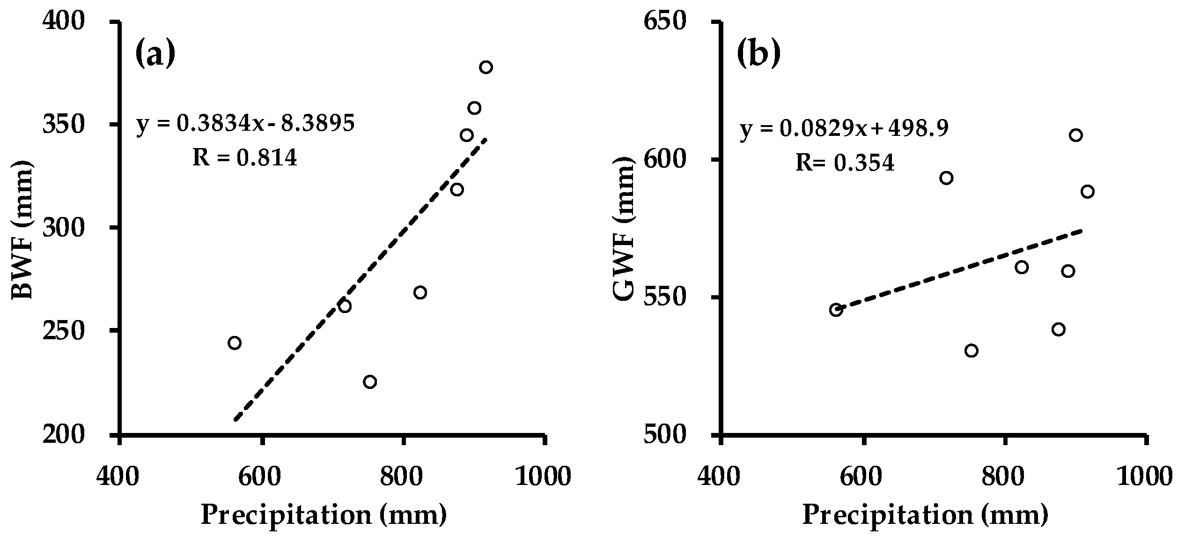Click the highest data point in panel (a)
point(486,67)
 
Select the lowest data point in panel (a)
point(370,382)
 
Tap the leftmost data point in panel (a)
point(235,343)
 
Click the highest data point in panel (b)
point(1076,135)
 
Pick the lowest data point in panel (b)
point(972,351)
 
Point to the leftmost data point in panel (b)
point(836,310)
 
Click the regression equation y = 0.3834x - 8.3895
point(245,124)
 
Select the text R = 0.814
point(245,158)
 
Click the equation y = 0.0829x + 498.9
point(844,128)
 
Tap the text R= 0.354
point(845,163)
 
